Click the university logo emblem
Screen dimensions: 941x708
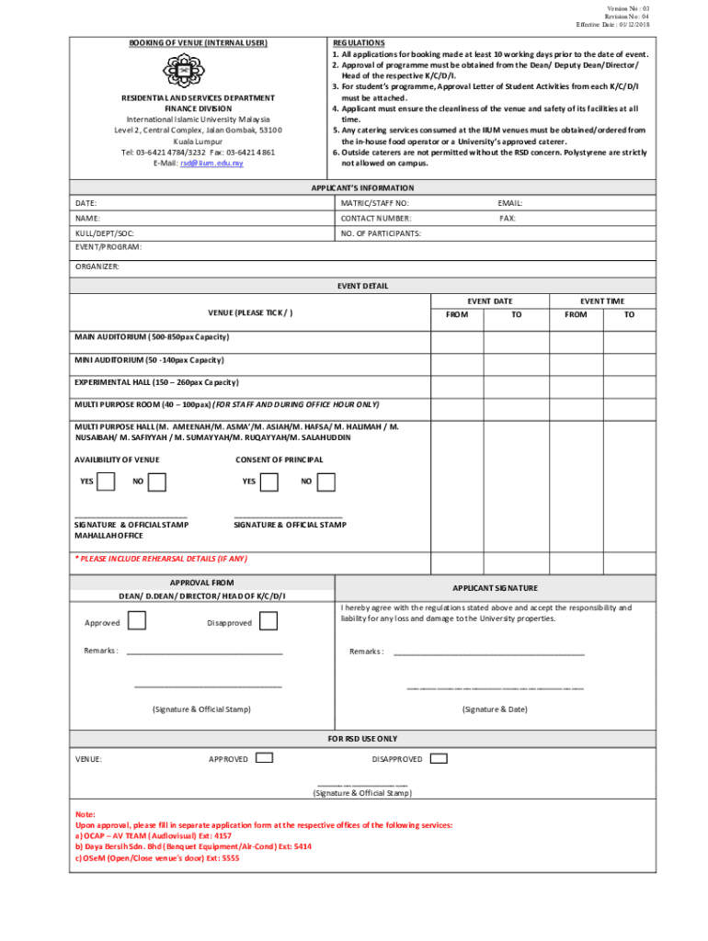pos(183,70)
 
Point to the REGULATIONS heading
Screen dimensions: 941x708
pos(359,43)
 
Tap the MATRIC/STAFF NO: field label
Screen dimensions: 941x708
pos(375,202)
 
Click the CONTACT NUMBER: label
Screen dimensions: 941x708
pos(376,219)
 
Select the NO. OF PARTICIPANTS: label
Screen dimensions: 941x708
pos(381,233)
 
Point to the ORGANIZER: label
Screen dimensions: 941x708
pos(97,266)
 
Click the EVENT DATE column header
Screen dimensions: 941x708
pos(489,301)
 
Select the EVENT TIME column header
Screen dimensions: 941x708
pos(602,301)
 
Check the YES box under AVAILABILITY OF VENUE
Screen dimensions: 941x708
pos(107,482)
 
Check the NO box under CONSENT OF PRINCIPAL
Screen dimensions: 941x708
pos(325,482)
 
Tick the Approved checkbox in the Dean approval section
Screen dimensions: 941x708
pos(137,622)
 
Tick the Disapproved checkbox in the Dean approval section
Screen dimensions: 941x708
pos(268,622)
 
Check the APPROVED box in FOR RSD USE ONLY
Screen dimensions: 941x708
pos(264,759)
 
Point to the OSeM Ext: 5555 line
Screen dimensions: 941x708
pos(157,858)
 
